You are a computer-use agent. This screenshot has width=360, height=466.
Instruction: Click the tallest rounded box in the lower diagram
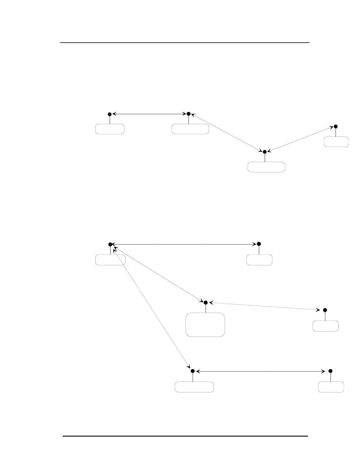(205, 324)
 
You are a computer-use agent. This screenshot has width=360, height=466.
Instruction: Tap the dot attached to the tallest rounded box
(206, 302)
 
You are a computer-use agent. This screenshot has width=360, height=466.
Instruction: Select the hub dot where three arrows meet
(110, 244)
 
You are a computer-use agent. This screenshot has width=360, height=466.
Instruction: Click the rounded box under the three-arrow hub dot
(111, 260)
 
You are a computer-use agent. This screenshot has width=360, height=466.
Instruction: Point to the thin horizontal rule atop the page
(185, 43)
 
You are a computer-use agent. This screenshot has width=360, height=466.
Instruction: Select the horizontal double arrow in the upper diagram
(149, 114)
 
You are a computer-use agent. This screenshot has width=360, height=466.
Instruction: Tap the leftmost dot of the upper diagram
(109, 114)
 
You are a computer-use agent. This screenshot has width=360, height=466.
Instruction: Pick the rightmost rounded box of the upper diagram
(336, 142)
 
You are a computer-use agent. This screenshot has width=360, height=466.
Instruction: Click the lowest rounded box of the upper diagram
(266, 167)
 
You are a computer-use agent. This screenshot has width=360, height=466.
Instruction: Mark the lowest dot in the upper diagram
(264, 152)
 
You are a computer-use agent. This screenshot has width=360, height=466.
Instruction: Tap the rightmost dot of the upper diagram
(336, 127)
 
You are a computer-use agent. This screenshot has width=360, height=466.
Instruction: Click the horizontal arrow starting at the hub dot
(184, 244)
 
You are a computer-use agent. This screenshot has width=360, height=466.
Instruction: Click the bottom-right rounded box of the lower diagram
(331, 387)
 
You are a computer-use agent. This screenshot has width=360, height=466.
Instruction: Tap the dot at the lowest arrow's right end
(330, 371)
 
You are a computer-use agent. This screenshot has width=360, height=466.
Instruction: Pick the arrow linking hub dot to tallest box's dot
(158, 274)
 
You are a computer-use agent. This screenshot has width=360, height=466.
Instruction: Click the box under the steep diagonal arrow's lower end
(194, 387)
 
